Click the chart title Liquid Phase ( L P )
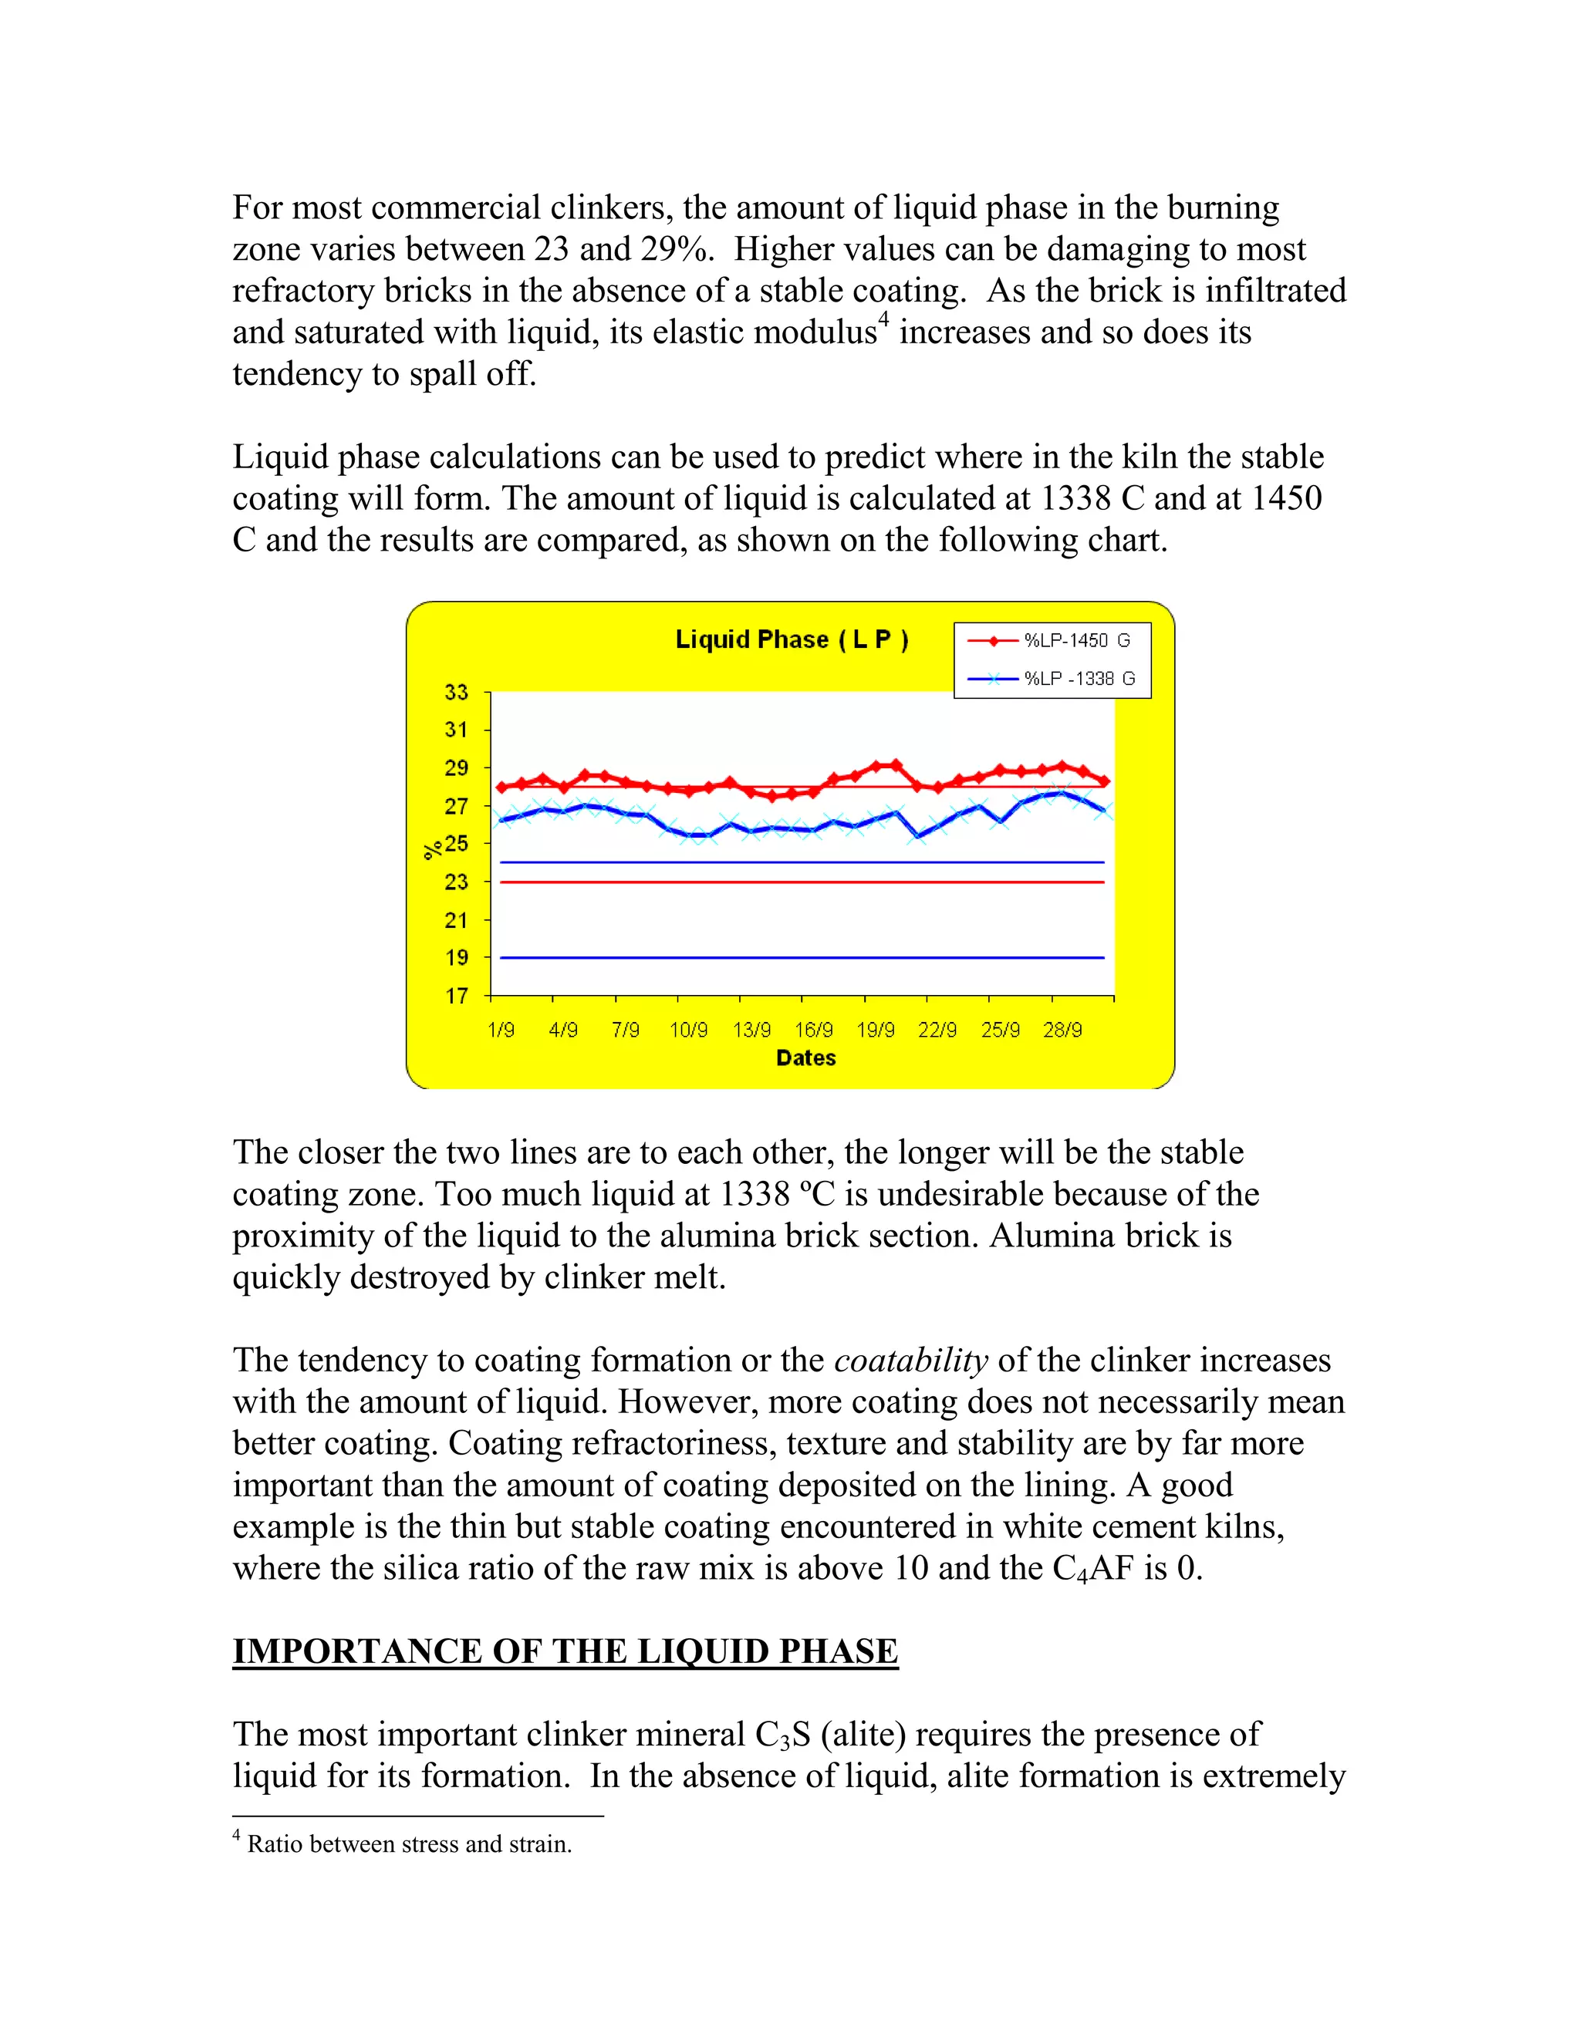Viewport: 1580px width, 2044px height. tap(792, 640)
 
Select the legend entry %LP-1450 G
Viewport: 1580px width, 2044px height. tap(1076, 641)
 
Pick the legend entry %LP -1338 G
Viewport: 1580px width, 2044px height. tap(1079, 680)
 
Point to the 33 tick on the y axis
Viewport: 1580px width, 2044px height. tap(456, 693)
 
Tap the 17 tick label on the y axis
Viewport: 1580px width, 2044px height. tap(456, 996)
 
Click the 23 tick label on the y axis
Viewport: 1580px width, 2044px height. tap(456, 882)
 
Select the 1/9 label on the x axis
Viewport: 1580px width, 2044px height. tap(501, 1030)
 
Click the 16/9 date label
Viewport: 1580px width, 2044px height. tap(813, 1030)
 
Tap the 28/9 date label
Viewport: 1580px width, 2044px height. tap(1062, 1030)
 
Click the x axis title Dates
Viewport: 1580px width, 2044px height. tap(805, 1058)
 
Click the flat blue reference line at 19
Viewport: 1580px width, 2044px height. tap(802, 957)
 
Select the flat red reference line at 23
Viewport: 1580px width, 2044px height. tap(802, 882)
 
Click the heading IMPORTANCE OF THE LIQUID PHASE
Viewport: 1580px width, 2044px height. tap(565, 1651)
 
